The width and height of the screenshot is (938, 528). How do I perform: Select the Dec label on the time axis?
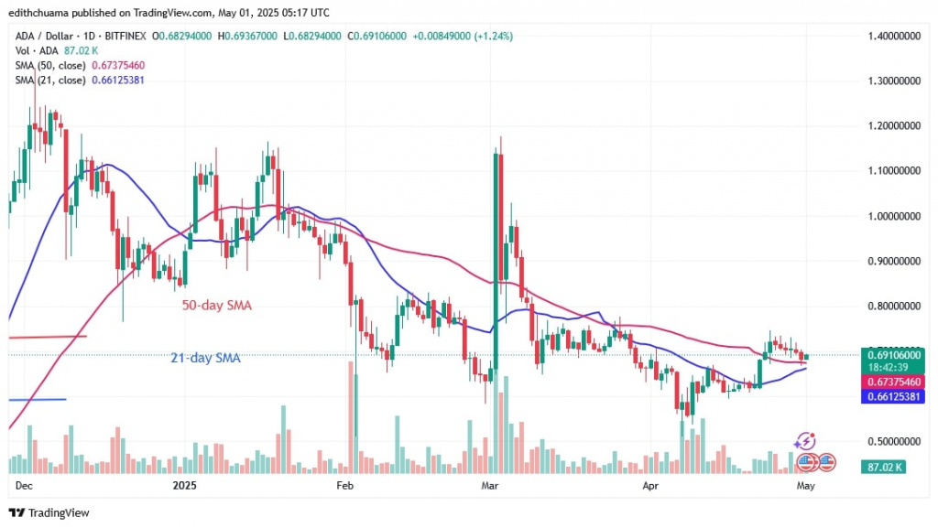tap(25, 485)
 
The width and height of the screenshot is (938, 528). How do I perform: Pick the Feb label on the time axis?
tap(344, 485)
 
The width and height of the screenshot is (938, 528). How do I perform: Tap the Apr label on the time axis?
tap(650, 485)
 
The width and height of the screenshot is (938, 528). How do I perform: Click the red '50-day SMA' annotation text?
tap(215, 306)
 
